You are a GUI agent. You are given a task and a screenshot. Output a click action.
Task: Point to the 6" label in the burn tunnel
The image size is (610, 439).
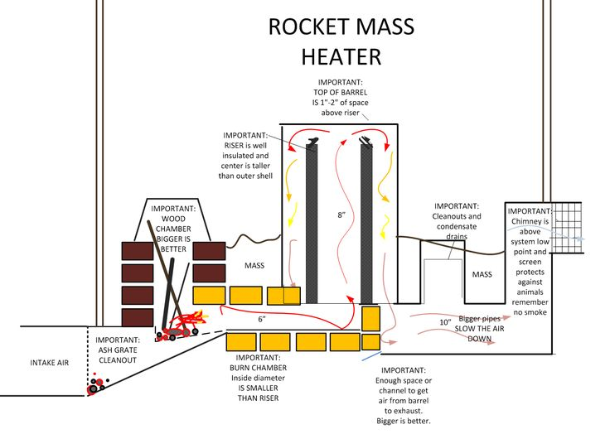coord(262,318)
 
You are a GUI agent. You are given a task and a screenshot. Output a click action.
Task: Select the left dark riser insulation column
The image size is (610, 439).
coord(312,224)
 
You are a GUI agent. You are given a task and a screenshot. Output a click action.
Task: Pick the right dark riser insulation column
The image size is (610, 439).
coord(366,224)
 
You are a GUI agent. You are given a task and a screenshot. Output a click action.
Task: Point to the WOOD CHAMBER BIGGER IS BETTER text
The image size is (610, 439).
coord(173,229)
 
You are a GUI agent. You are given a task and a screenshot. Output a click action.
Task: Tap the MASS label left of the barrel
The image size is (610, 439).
coord(254,266)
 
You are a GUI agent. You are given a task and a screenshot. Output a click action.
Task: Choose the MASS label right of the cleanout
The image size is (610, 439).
coord(482,274)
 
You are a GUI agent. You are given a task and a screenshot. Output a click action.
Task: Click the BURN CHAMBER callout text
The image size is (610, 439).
coord(257,382)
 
